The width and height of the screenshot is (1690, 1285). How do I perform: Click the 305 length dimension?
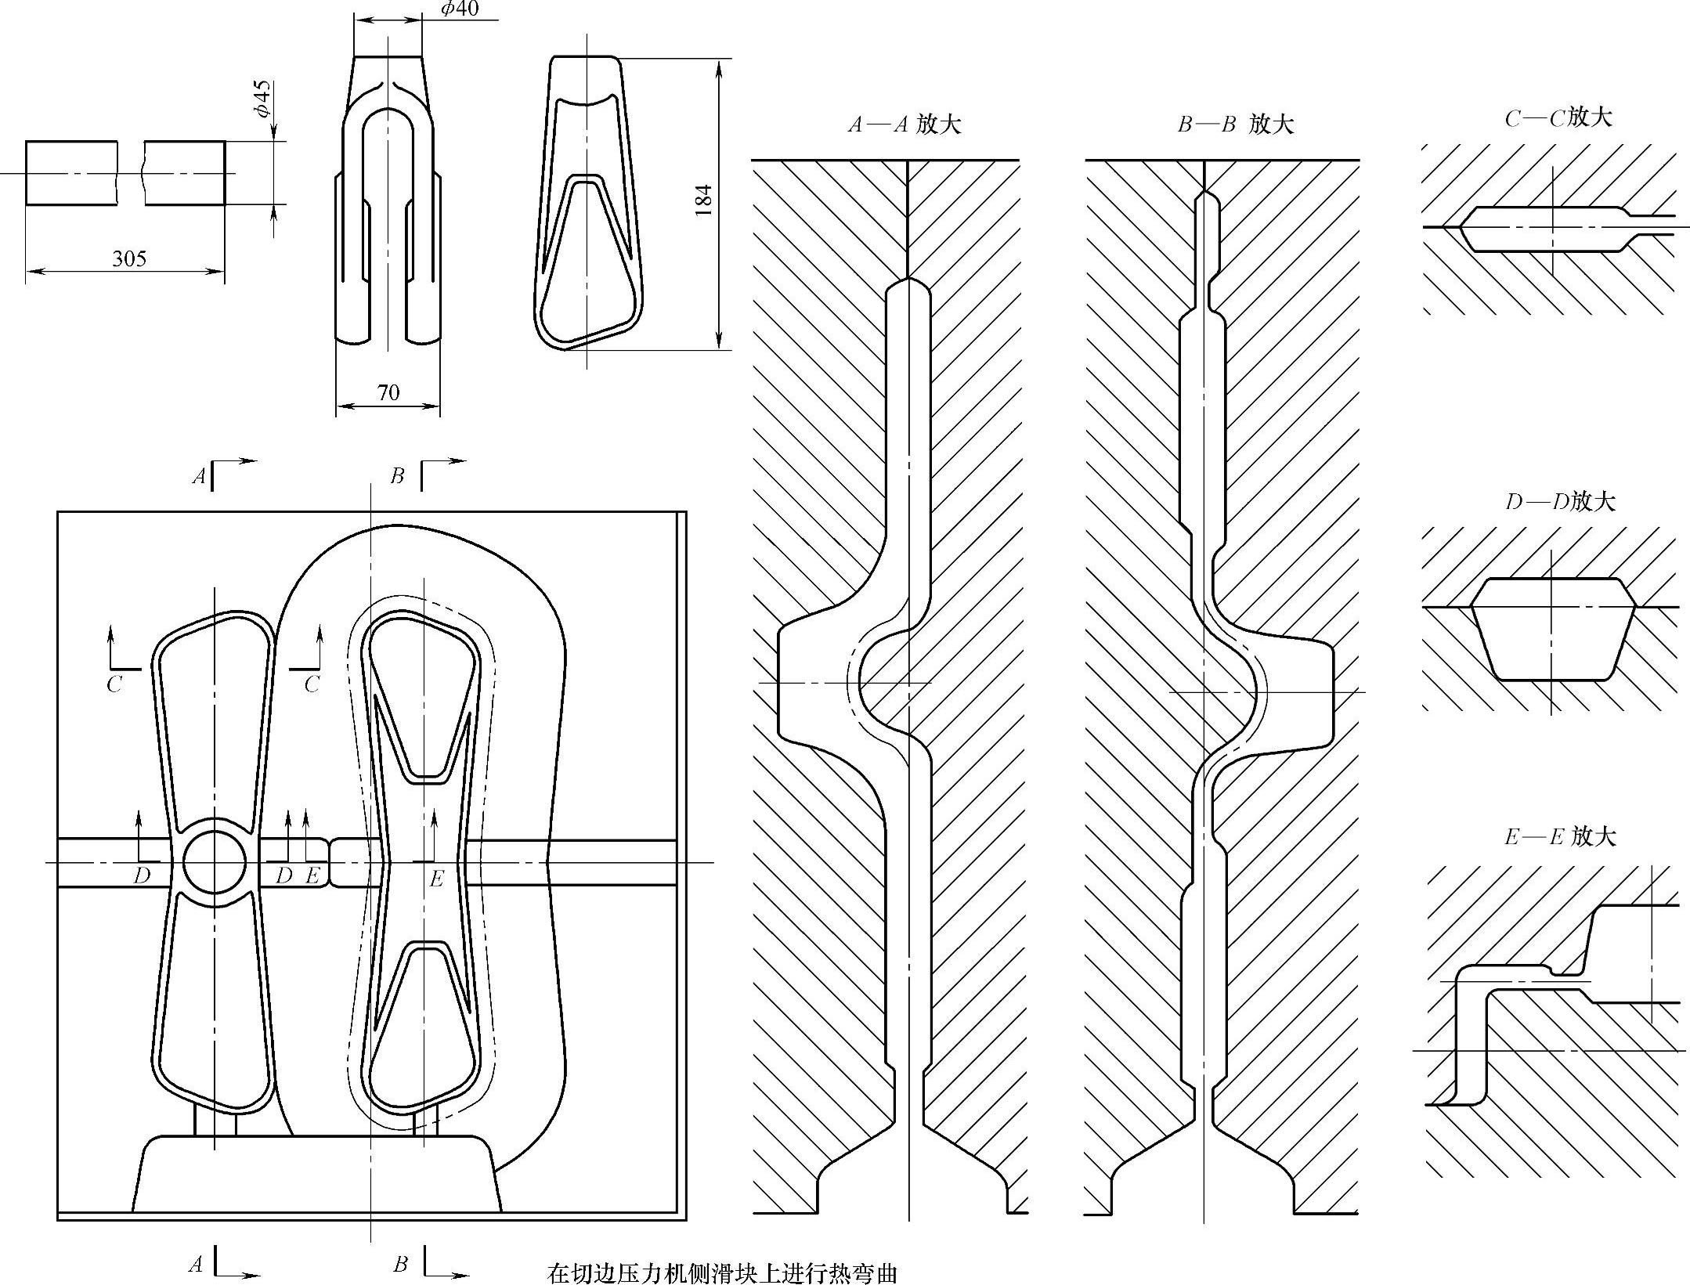pos(129,258)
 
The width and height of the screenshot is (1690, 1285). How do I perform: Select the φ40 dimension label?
pos(460,9)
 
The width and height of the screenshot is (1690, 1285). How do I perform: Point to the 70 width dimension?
pos(388,392)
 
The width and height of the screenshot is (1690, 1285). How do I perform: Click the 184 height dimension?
pos(703,200)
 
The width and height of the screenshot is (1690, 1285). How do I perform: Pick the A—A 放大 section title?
pos(905,125)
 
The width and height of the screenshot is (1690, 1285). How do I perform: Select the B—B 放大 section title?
pos(1236,124)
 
